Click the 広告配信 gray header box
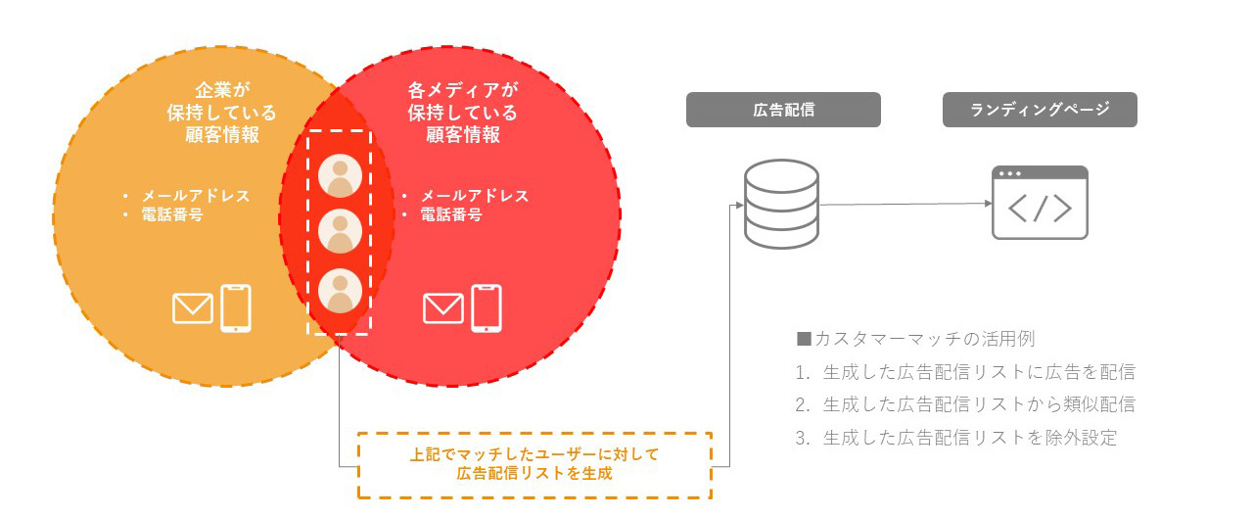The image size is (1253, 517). [783, 110]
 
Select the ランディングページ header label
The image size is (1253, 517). [1040, 110]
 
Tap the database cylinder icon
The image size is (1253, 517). [780, 204]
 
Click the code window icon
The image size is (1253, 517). [1040, 203]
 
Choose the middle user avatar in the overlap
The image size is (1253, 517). [340, 232]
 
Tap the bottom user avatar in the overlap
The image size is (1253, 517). [340, 291]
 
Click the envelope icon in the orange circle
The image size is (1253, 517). [193, 308]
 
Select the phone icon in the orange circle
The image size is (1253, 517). [236, 307]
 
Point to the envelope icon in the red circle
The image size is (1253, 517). [443, 308]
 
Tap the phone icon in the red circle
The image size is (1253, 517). [487, 307]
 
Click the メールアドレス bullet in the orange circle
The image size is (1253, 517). [196, 196]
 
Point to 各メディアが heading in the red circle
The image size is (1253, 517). [463, 90]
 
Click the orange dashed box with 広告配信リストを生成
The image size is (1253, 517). [534, 464]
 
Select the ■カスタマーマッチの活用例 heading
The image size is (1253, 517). [916, 339]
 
